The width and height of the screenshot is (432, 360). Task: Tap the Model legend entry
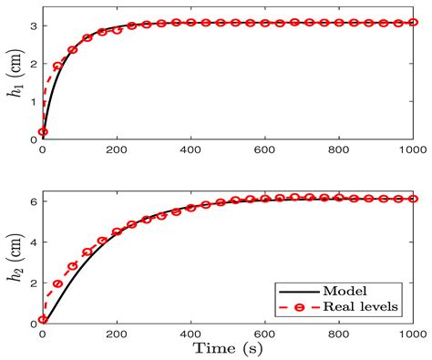pyautogui.click(x=371, y=288)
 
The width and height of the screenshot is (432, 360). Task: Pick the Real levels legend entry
pyautogui.click(x=364, y=306)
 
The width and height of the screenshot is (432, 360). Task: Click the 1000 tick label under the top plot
pyautogui.click(x=413, y=149)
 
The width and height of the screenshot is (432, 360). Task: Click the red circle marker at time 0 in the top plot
pyautogui.click(x=43, y=132)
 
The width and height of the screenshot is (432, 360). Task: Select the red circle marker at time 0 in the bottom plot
pyautogui.click(x=43, y=320)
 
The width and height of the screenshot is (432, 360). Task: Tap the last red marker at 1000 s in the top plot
pyautogui.click(x=413, y=22)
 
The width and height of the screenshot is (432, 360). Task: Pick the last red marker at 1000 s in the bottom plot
pyautogui.click(x=413, y=199)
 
